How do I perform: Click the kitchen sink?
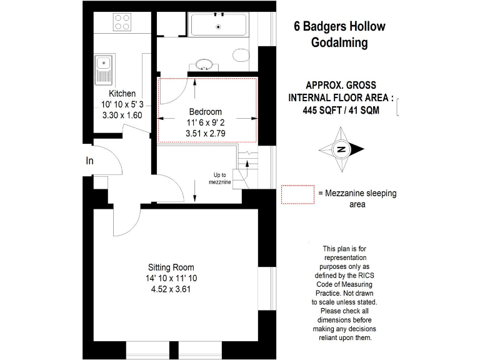tap(103, 69)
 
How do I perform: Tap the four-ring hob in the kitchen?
tap(122, 22)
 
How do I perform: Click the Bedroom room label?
tap(206, 111)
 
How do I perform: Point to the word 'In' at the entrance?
tap(89, 161)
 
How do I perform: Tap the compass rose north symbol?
tap(341, 149)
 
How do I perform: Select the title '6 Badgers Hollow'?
tap(339, 26)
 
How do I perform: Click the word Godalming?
tap(339, 42)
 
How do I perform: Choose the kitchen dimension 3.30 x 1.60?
tap(122, 115)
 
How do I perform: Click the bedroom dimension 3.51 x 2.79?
tap(206, 133)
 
